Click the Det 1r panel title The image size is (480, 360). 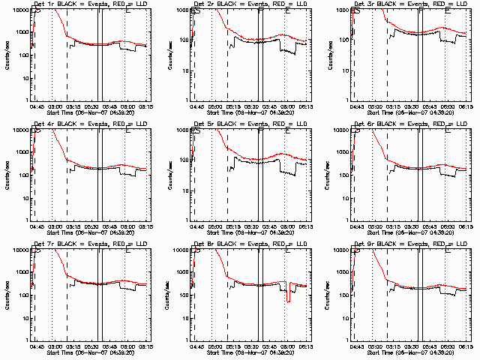coord(88,5)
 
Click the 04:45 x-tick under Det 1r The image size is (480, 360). coord(37,106)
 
